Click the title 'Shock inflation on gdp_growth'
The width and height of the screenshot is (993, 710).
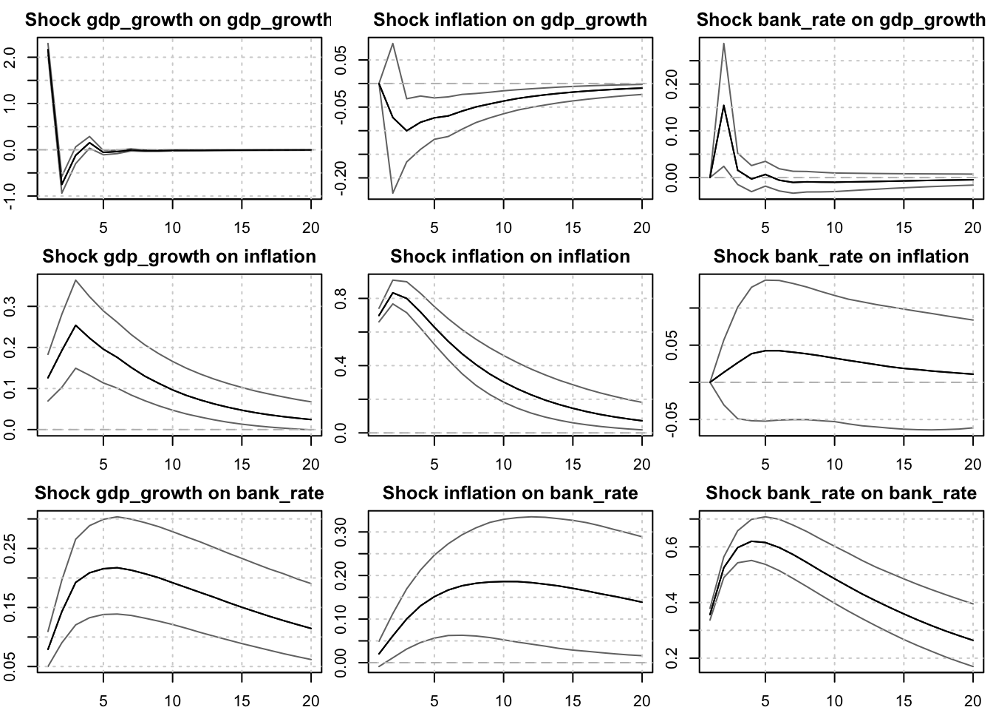pos(510,20)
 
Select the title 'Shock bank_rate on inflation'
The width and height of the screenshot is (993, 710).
pos(841,257)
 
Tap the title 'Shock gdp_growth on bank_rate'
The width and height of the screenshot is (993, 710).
pos(179,493)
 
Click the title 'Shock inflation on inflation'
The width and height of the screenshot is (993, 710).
pos(510,257)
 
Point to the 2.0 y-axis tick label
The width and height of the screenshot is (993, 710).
pos(10,57)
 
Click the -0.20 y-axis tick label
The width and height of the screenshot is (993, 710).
pos(341,177)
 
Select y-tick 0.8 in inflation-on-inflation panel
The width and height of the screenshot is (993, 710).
pos(341,299)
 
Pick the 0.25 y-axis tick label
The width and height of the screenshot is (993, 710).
pos(10,548)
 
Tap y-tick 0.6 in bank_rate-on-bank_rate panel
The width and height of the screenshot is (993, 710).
pos(672,547)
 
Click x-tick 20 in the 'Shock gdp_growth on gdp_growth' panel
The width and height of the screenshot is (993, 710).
pos(311,227)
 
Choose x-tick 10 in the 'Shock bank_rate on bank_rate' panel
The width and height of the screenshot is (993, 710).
pos(834,700)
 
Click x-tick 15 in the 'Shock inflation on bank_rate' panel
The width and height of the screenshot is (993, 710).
pos(573,700)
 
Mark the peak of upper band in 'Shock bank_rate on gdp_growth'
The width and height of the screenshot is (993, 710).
pos(724,44)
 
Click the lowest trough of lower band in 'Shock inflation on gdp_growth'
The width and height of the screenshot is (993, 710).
pos(393,193)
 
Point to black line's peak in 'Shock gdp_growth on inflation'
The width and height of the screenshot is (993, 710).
pos(76,325)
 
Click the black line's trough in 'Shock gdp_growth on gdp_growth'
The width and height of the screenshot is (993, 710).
pos(62,184)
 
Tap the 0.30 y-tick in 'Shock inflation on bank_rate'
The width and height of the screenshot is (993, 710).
pos(341,532)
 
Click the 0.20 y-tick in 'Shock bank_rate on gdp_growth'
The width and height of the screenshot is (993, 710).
pos(672,84)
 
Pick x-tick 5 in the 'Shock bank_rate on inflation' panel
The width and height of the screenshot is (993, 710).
pos(765,464)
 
